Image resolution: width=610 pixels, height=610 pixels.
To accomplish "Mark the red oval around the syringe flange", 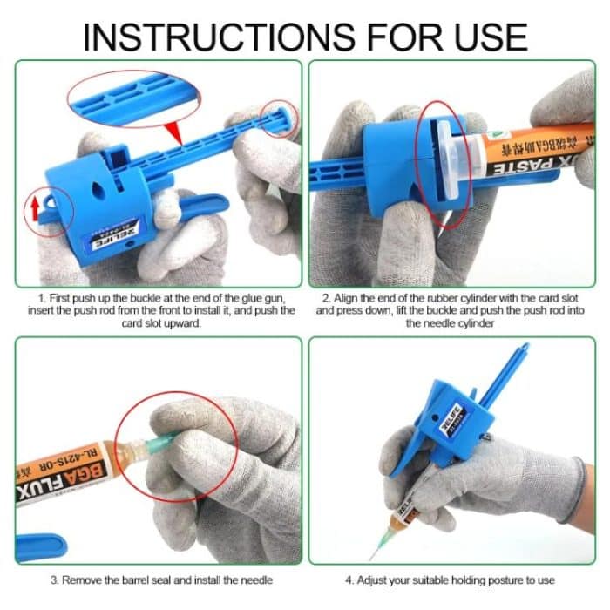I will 444,165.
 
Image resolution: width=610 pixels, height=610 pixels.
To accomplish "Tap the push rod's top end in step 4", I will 523,351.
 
